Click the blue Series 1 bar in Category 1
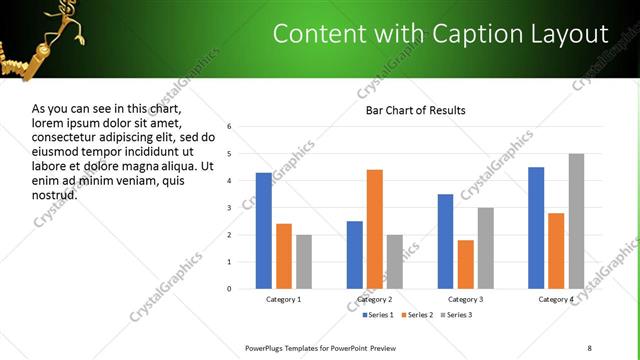click(x=264, y=231)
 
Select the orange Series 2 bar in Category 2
click(x=375, y=229)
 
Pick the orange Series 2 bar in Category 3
click(x=465, y=264)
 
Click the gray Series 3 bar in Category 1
click(x=304, y=262)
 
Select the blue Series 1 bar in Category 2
click(x=355, y=255)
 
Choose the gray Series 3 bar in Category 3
click(x=485, y=248)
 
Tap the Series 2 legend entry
click(x=417, y=315)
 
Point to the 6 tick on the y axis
click(x=230, y=127)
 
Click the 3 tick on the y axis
click(x=230, y=208)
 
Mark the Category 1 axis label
click(x=284, y=299)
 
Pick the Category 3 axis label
click(x=465, y=299)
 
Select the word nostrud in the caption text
click(x=55, y=195)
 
